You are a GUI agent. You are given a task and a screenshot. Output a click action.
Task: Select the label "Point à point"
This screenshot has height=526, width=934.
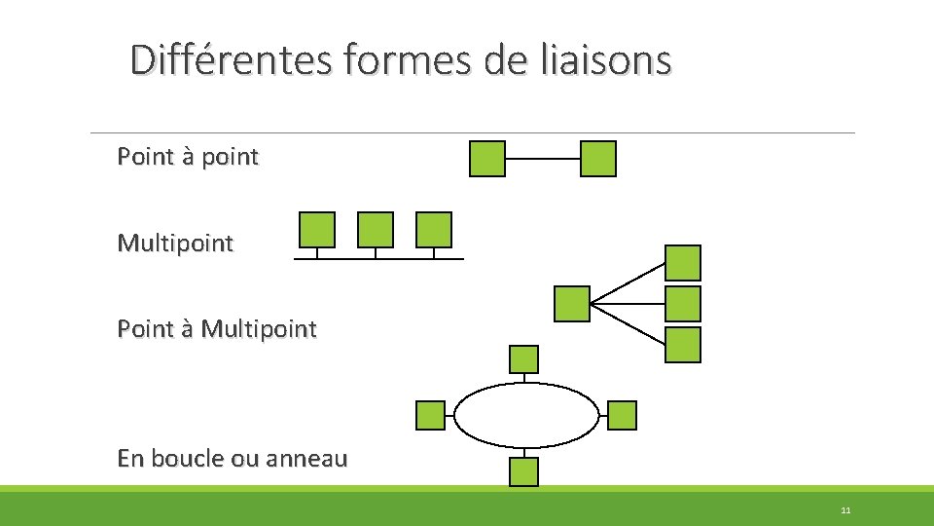188,156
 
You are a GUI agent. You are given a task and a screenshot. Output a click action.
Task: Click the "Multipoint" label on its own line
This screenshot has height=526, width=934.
175,244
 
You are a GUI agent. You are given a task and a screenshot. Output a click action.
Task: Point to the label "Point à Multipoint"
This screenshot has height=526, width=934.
216,329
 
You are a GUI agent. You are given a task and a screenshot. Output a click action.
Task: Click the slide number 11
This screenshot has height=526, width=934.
845,510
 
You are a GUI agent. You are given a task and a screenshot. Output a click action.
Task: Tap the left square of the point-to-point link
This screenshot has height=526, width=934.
487,159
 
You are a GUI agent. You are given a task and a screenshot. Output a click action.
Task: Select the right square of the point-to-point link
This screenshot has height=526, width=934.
598,159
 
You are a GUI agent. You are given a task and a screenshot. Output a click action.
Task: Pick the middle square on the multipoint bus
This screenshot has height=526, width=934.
376,230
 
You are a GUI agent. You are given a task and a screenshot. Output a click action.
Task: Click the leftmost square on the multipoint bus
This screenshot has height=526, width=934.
317,230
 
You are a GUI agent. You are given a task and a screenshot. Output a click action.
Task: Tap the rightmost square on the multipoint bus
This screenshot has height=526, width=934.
434,230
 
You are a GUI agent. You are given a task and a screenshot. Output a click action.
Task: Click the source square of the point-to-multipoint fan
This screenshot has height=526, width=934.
572,304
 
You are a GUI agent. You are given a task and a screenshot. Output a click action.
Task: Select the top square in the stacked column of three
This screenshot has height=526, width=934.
683,263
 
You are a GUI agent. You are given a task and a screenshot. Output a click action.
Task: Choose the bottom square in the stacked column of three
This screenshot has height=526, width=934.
683,345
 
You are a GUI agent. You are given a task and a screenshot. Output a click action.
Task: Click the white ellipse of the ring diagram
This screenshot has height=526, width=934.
527,415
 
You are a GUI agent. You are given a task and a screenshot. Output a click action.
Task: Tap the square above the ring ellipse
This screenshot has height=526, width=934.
524,359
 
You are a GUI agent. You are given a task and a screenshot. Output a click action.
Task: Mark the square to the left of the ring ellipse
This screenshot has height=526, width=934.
430,416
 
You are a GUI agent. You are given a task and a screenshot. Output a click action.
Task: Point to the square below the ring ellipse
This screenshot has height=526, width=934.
524,471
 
